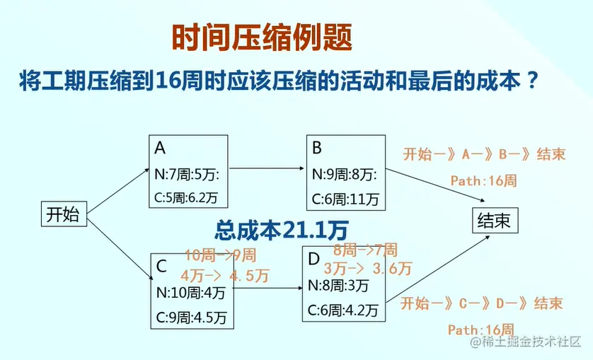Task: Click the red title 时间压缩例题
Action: click(x=261, y=38)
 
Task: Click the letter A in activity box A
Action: click(x=160, y=148)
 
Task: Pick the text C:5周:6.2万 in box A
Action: click(x=188, y=198)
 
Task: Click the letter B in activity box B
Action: click(x=317, y=147)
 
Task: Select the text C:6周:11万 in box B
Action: click(x=345, y=199)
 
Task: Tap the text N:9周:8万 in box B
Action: click(x=345, y=173)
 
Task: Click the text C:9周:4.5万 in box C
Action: click(x=190, y=315)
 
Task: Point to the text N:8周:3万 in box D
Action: click(x=338, y=286)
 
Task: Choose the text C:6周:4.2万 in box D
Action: click(x=342, y=310)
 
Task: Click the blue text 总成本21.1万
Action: click(x=282, y=229)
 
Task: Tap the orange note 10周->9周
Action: click(x=220, y=255)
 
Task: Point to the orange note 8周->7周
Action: click(x=365, y=250)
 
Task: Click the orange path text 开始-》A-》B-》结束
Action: click(x=484, y=154)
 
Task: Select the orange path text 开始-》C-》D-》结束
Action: click(x=482, y=303)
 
